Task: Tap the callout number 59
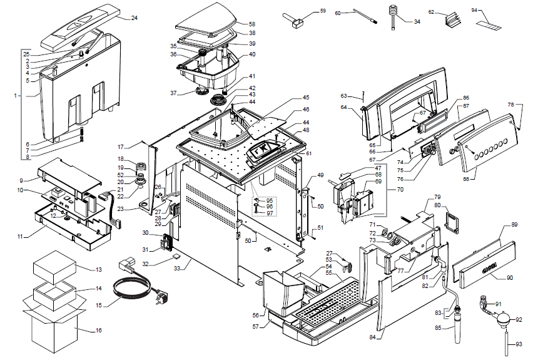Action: coord(323,11)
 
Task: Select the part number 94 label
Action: coord(492,11)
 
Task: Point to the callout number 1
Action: coord(14,96)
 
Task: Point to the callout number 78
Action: coord(510,105)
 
